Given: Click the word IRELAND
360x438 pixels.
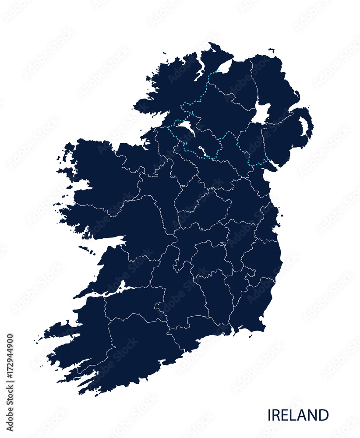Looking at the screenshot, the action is coord(298,415).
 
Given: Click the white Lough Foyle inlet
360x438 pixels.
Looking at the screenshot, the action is coord(225,67).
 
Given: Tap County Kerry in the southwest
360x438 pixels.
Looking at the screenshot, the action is coord(83,337).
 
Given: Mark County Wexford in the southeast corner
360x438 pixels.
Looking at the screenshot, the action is coord(252,307).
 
